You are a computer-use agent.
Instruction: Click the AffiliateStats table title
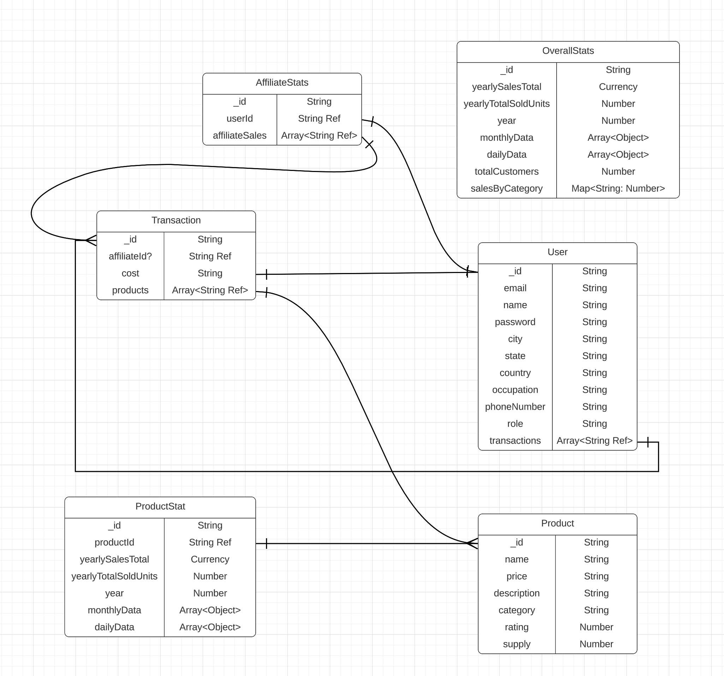pyautogui.click(x=282, y=83)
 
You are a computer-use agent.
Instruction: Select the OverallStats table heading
pyautogui.click(x=568, y=51)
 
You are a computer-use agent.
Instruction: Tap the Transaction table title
pyautogui.click(x=176, y=220)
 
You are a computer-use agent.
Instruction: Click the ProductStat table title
pyautogui.click(x=160, y=506)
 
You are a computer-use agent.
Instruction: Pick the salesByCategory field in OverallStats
pyautogui.click(x=506, y=189)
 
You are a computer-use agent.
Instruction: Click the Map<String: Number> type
pyautogui.click(x=618, y=189)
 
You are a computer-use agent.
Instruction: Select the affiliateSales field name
pyautogui.click(x=240, y=136)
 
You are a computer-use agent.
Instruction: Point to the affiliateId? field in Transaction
pyautogui.click(x=130, y=256)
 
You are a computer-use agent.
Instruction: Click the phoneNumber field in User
pyautogui.click(x=515, y=407)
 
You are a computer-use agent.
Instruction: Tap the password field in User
pyautogui.click(x=515, y=322)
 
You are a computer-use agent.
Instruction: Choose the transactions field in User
pyautogui.click(x=515, y=441)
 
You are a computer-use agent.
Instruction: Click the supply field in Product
pyautogui.click(x=516, y=644)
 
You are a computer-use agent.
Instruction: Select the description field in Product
pyautogui.click(x=516, y=593)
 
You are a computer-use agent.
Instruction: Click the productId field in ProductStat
pyautogui.click(x=114, y=542)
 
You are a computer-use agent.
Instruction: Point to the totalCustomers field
pyautogui.click(x=506, y=172)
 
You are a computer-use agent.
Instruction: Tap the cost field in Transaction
pyautogui.click(x=130, y=273)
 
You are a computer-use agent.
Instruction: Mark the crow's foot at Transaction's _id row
pyautogui.click(x=91, y=241)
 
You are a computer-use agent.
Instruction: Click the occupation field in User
pyautogui.click(x=515, y=390)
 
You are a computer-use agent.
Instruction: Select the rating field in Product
pyautogui.click(x=516, y=627)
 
